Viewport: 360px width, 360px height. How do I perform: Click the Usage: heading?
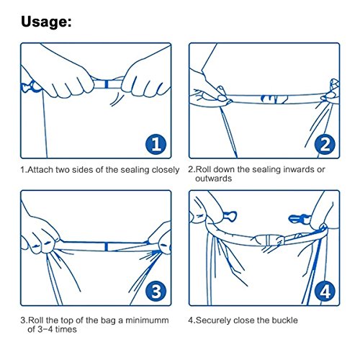(46, 22)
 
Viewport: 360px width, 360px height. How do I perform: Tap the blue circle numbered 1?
(156, 145)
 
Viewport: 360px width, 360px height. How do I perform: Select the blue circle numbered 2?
(325, 145)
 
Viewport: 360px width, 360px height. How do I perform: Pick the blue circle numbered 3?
(156, 292)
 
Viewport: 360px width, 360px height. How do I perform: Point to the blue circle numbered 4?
(325, 292)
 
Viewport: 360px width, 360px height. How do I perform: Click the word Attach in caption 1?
(40, 170)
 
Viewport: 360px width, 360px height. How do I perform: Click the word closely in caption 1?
(166, 170)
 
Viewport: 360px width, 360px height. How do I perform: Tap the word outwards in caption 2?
(213, 179)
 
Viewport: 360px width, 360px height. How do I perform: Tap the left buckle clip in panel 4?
(230, 216)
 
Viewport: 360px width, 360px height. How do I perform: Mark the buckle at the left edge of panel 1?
(31, 87)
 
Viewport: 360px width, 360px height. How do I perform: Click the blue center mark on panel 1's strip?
(107, 84)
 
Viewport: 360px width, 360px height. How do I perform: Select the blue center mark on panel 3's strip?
(106, 247)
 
